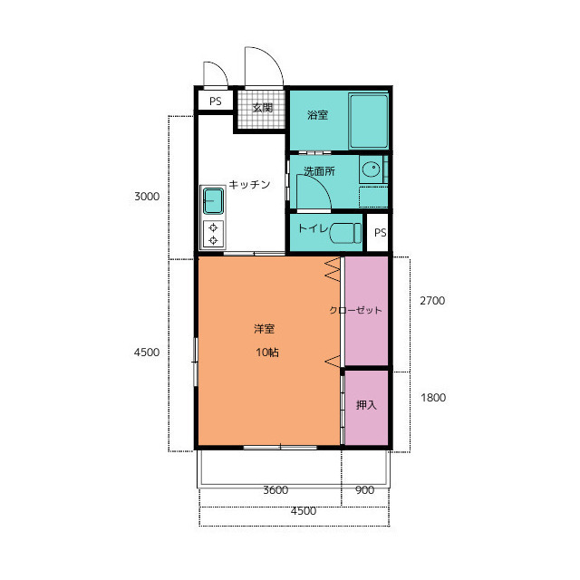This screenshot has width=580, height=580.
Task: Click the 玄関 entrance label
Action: coord(263,108)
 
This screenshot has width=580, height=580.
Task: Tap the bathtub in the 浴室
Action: coord(369,121)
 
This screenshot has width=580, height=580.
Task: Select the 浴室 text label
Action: coord(317,115)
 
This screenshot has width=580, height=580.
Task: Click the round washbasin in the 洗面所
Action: coord(371,169)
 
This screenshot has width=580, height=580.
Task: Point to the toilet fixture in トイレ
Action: coord(345,233)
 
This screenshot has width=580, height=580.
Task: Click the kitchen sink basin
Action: coord(214,201)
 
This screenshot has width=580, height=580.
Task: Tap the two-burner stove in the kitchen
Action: coord(213,234)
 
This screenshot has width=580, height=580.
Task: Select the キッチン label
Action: coord(249,184)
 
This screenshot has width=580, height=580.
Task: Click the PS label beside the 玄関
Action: coord(216,101)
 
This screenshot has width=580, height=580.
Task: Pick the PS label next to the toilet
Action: coord(381,233)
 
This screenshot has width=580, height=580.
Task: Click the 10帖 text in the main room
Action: coord(267,353)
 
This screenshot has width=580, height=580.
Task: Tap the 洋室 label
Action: coord(264,328)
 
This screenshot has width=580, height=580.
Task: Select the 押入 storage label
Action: coord(366,405)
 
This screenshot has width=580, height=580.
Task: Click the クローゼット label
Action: coord(355,310)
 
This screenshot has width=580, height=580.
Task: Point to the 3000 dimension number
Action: coord(147,197)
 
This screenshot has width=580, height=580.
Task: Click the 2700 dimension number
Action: coord(432,301)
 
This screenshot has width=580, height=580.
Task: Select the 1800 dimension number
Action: coord(433,398)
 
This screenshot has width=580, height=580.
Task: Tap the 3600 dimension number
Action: coord(275,490)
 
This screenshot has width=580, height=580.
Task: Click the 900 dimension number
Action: coord(364,490)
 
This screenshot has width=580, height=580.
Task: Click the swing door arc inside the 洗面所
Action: coord(321,184)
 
